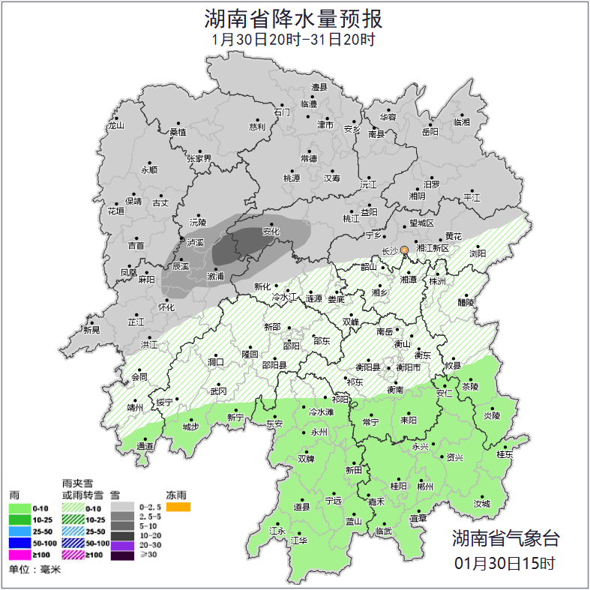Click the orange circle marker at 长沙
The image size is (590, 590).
pos(404,250)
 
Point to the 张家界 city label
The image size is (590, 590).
pos(199,159)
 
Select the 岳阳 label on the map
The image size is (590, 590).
pos(430,132)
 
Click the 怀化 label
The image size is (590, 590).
pos(166,307)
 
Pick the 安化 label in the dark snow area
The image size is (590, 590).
pos(271,232)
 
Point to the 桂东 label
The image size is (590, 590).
pos(505,454)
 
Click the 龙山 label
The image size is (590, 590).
pos(115,126)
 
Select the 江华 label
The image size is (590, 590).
pos(299,541)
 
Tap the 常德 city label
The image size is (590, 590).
pos(308,158)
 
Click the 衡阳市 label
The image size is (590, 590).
pos(407,367)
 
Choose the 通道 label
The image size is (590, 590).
pos(145,447)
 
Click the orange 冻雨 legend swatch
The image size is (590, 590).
pos(178,508)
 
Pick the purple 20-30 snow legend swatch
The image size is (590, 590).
pos(123,544)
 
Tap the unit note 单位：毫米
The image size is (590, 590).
pos(34,571)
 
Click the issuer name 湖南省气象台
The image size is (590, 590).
pos(505,538)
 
